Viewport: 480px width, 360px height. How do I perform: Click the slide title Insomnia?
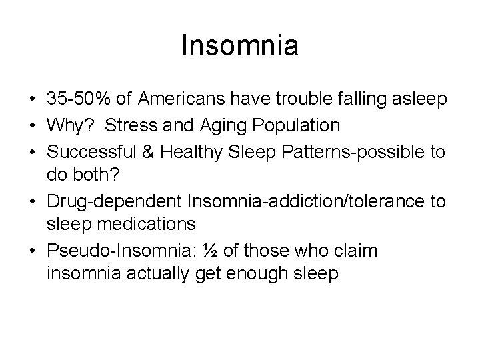tap(240, 46)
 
